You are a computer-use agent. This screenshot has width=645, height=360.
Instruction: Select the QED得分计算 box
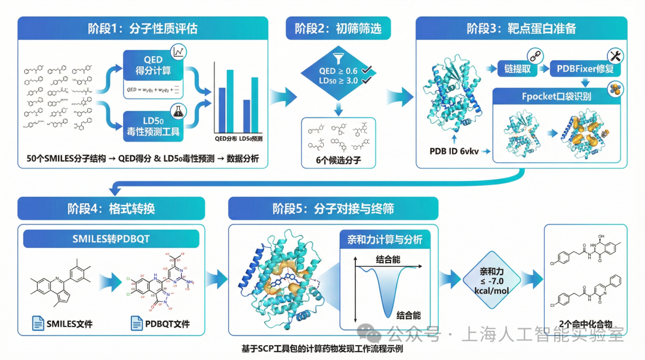pyautogui.click(x=153, y=65)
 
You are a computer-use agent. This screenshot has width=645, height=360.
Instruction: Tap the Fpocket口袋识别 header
pyautogui.click(x=556, y=96)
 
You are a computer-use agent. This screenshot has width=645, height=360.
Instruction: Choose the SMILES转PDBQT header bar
pyautogui.click(x=112, y=239)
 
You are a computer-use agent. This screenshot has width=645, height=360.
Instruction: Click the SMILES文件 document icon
pyautogui.click(x=39, y=324)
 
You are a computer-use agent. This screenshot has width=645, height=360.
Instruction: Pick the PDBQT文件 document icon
pyautogui.click(x=137, y=324)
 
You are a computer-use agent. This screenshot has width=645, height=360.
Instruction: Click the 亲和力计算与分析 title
pyautogui.click(x=385, y=240)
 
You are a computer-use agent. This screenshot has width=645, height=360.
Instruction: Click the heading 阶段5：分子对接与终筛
pyautogui.click(x=333, y=208)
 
